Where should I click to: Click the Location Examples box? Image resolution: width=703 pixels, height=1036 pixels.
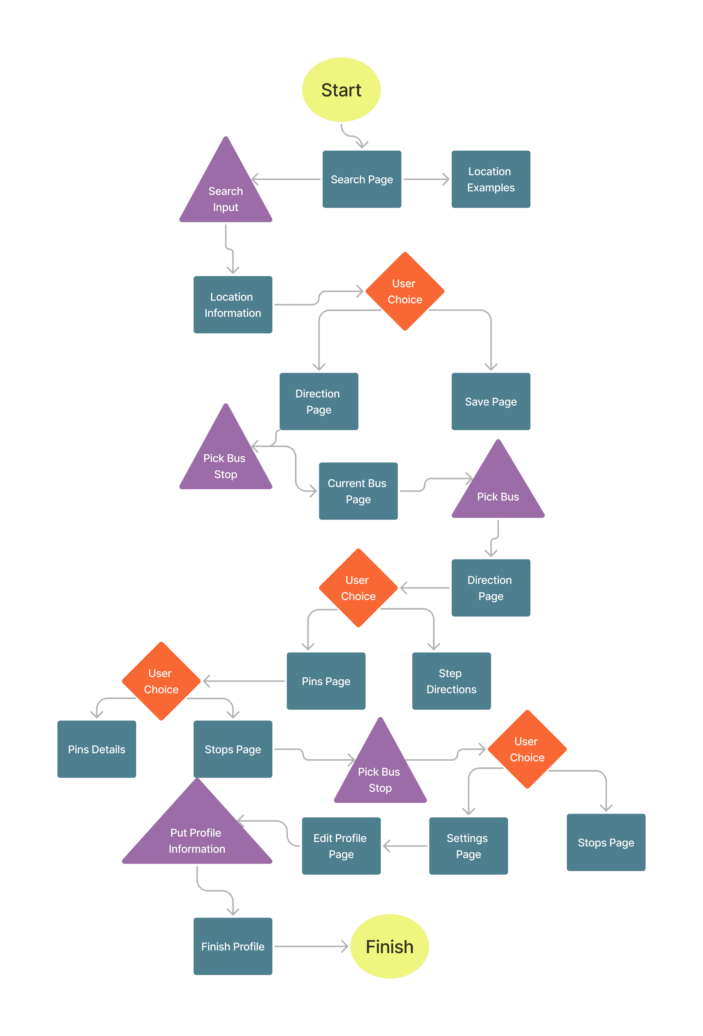[x=491, y=179]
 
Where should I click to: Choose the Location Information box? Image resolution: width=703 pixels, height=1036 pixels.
[x=233, y=304]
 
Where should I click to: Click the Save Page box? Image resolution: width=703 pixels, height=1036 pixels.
[x=491, y=401]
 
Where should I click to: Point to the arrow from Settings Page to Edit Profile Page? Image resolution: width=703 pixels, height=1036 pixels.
[x=405, y=846]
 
